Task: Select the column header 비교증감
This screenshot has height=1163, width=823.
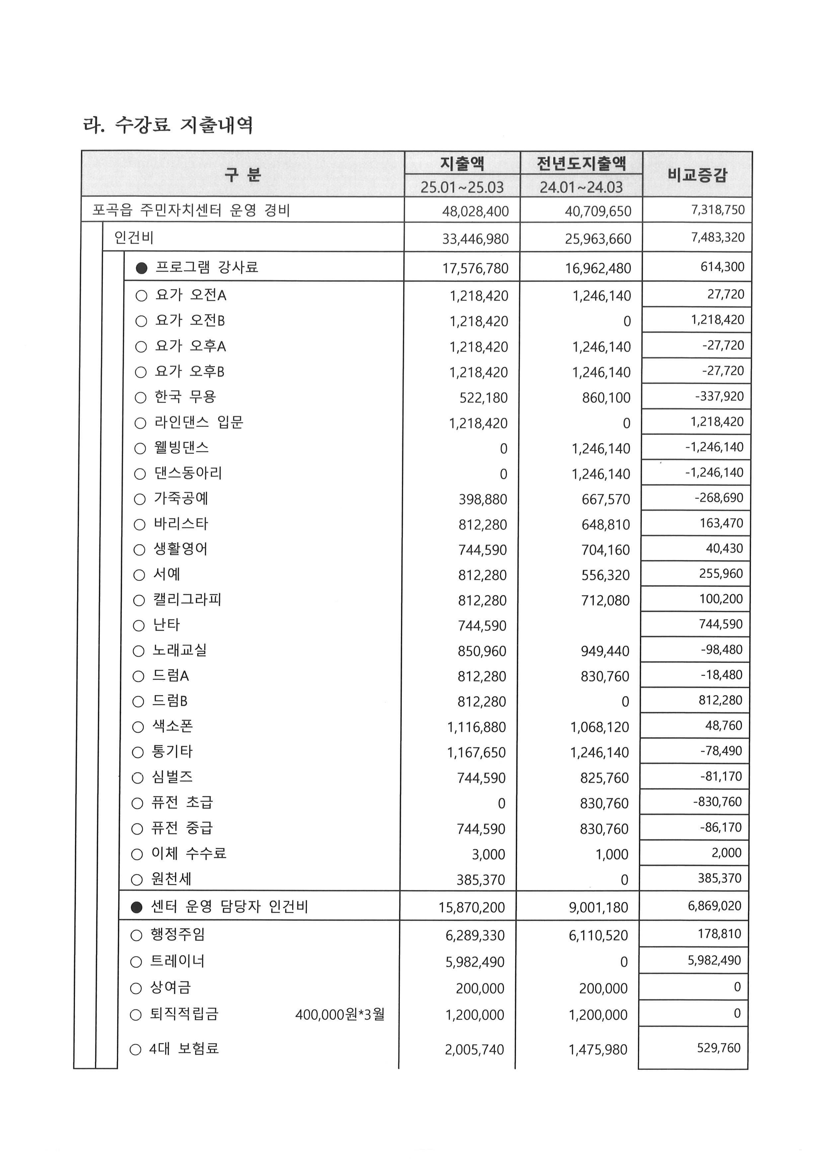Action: click(x=697, y=175)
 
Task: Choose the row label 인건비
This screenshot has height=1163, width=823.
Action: click(x=134, y=237)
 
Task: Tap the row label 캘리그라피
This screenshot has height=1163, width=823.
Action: click(x=187, y=600)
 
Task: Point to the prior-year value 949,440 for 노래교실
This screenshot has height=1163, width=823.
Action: click(x=605, y=651)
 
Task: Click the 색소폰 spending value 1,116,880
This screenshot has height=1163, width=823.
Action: click(x=476, y=727)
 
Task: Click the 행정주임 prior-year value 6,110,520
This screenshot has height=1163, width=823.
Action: click(x=598, y=936)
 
